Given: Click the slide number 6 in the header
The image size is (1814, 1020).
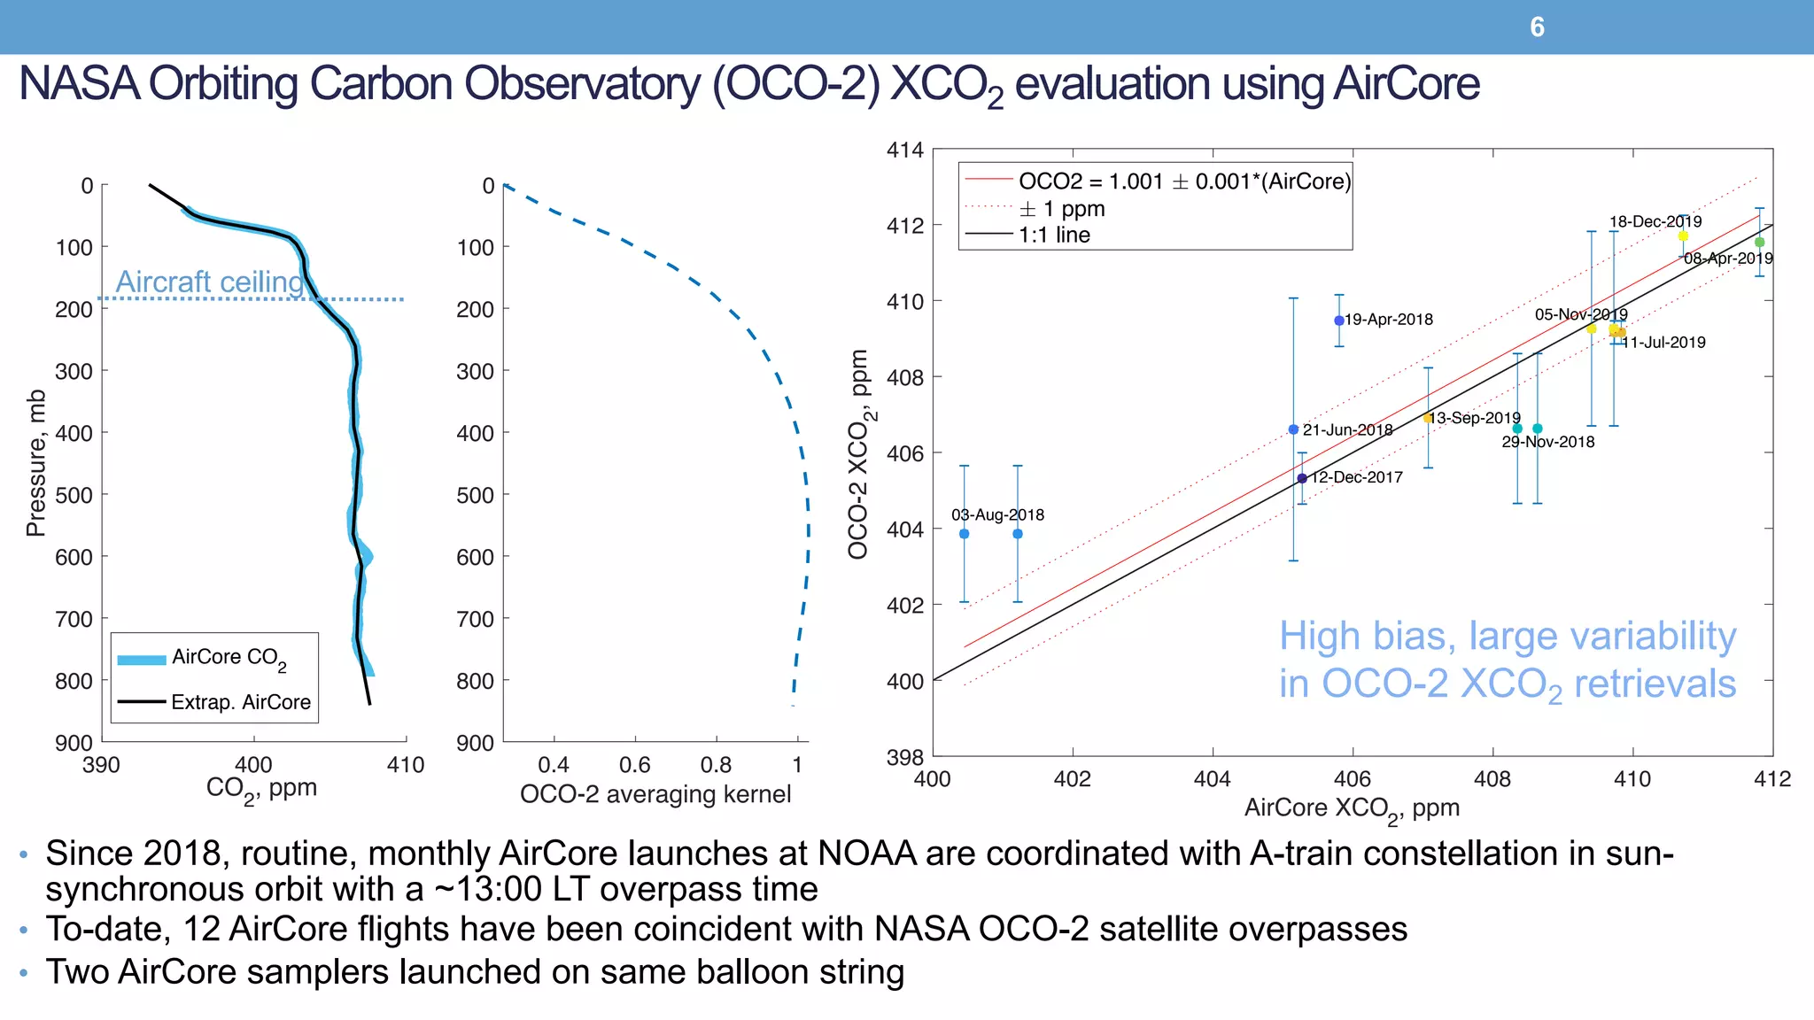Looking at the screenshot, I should [1537, 27].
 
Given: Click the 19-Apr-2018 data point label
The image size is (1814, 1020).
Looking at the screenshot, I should [1388, 320].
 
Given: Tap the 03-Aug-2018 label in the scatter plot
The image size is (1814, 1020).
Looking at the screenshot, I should [997, 515].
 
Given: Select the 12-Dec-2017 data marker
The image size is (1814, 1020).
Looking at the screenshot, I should [1302, 478].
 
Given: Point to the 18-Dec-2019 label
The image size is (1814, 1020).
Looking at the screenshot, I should [1655, 221].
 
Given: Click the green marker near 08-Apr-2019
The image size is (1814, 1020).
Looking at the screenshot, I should [1759, 242].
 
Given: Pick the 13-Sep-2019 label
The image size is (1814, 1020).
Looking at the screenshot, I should [1475, 418].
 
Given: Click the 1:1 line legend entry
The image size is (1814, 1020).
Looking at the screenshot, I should [1054, 235].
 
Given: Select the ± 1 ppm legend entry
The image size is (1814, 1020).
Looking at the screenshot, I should [1061, 209].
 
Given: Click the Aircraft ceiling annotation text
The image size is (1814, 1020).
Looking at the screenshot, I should [210, 282].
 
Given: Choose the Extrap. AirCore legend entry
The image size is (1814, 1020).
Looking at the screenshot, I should [240, 702].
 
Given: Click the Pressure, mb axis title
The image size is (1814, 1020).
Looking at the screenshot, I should [35, 463].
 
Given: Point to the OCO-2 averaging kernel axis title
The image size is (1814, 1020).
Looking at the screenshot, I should [655, 793].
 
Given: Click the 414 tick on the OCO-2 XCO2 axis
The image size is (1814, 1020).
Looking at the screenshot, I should [904, 151].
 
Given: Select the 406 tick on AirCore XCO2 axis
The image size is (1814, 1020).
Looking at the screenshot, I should [1352, 779].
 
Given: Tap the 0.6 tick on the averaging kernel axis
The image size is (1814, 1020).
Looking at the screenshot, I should [634, 765].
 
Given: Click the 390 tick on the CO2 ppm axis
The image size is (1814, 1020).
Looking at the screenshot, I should [101, 765].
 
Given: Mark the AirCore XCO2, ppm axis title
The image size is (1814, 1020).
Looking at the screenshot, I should [1351, 808].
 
